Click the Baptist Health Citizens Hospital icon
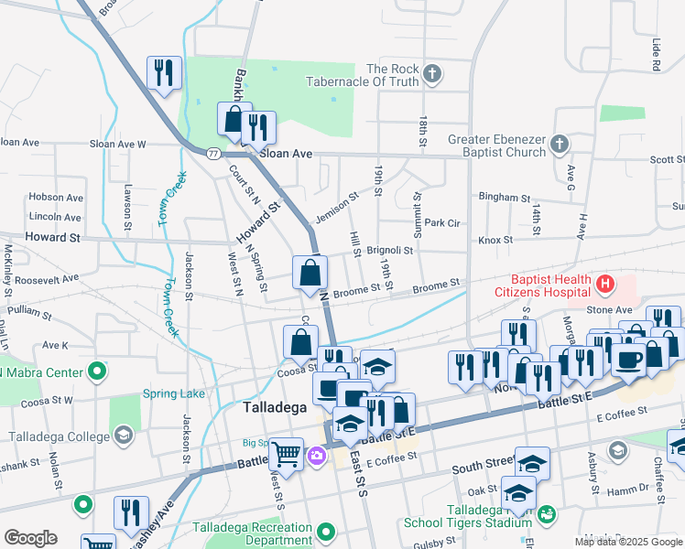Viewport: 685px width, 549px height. [604, 285]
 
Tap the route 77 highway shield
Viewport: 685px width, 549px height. [212, 155]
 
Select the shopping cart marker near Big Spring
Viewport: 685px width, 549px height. [287, 452]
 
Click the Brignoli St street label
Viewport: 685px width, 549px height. [391, 250]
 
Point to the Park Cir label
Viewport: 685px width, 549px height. [441, 222]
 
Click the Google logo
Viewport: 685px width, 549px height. [30, 538]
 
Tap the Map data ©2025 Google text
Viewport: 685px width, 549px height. [628, 542]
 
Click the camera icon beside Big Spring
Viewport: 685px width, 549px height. [317, 455]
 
